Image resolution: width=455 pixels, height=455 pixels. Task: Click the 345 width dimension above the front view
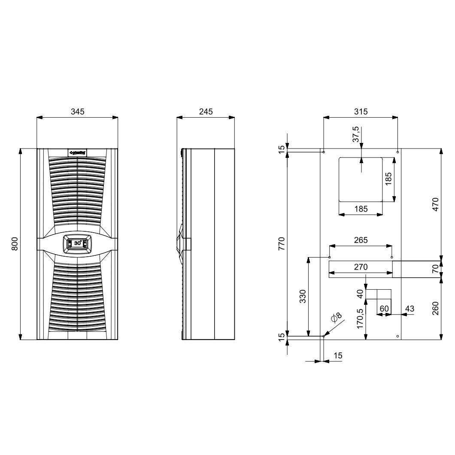(x=77, y=112)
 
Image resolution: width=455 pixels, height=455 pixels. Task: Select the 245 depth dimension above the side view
(x=206, y=112)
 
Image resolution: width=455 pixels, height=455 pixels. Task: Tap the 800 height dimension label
(x=14, y=244)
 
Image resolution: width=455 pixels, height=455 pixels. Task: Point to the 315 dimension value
(x=361, y=112)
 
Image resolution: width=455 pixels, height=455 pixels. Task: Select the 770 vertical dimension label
(x=282, y=243)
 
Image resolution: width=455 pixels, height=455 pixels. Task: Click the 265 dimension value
(x=361, y=240)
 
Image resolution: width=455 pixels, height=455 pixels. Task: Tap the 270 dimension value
(x=361, y=267)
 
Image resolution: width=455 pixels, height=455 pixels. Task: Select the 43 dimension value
(x=409, y=309)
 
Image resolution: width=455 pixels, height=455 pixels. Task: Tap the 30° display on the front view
(x=78, y=243)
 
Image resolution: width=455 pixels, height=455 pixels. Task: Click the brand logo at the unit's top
(x=78, y=152)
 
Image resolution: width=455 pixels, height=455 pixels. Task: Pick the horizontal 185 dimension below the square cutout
(x=361, y=209)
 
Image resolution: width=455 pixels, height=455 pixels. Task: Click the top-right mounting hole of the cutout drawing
(x=398, y=152)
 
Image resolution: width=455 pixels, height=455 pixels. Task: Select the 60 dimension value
(x=384, y=309)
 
